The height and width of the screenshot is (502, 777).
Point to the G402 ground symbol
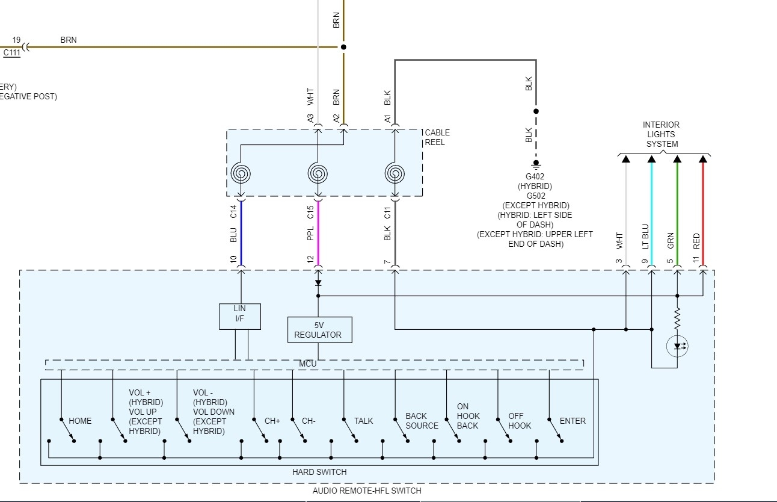536,164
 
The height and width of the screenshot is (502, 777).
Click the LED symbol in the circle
677,346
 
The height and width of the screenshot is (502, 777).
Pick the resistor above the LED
677,318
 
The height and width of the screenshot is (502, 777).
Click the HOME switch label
80,421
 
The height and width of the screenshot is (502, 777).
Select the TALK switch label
363,421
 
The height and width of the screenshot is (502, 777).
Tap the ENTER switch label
572,421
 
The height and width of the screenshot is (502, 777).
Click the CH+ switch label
272,421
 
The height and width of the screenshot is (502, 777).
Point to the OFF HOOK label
520,421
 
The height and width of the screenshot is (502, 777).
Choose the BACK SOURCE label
422,421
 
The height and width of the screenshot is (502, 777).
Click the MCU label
307,364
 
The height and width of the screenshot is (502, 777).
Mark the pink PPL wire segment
318,232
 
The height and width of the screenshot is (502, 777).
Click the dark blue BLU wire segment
241,232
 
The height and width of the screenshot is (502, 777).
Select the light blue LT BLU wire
651,211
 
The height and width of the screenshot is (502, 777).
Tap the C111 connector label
12,52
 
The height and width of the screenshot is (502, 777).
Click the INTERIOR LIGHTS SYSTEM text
662,134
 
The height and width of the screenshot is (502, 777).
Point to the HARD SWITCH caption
319,472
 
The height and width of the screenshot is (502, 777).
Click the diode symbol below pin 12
318,282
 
